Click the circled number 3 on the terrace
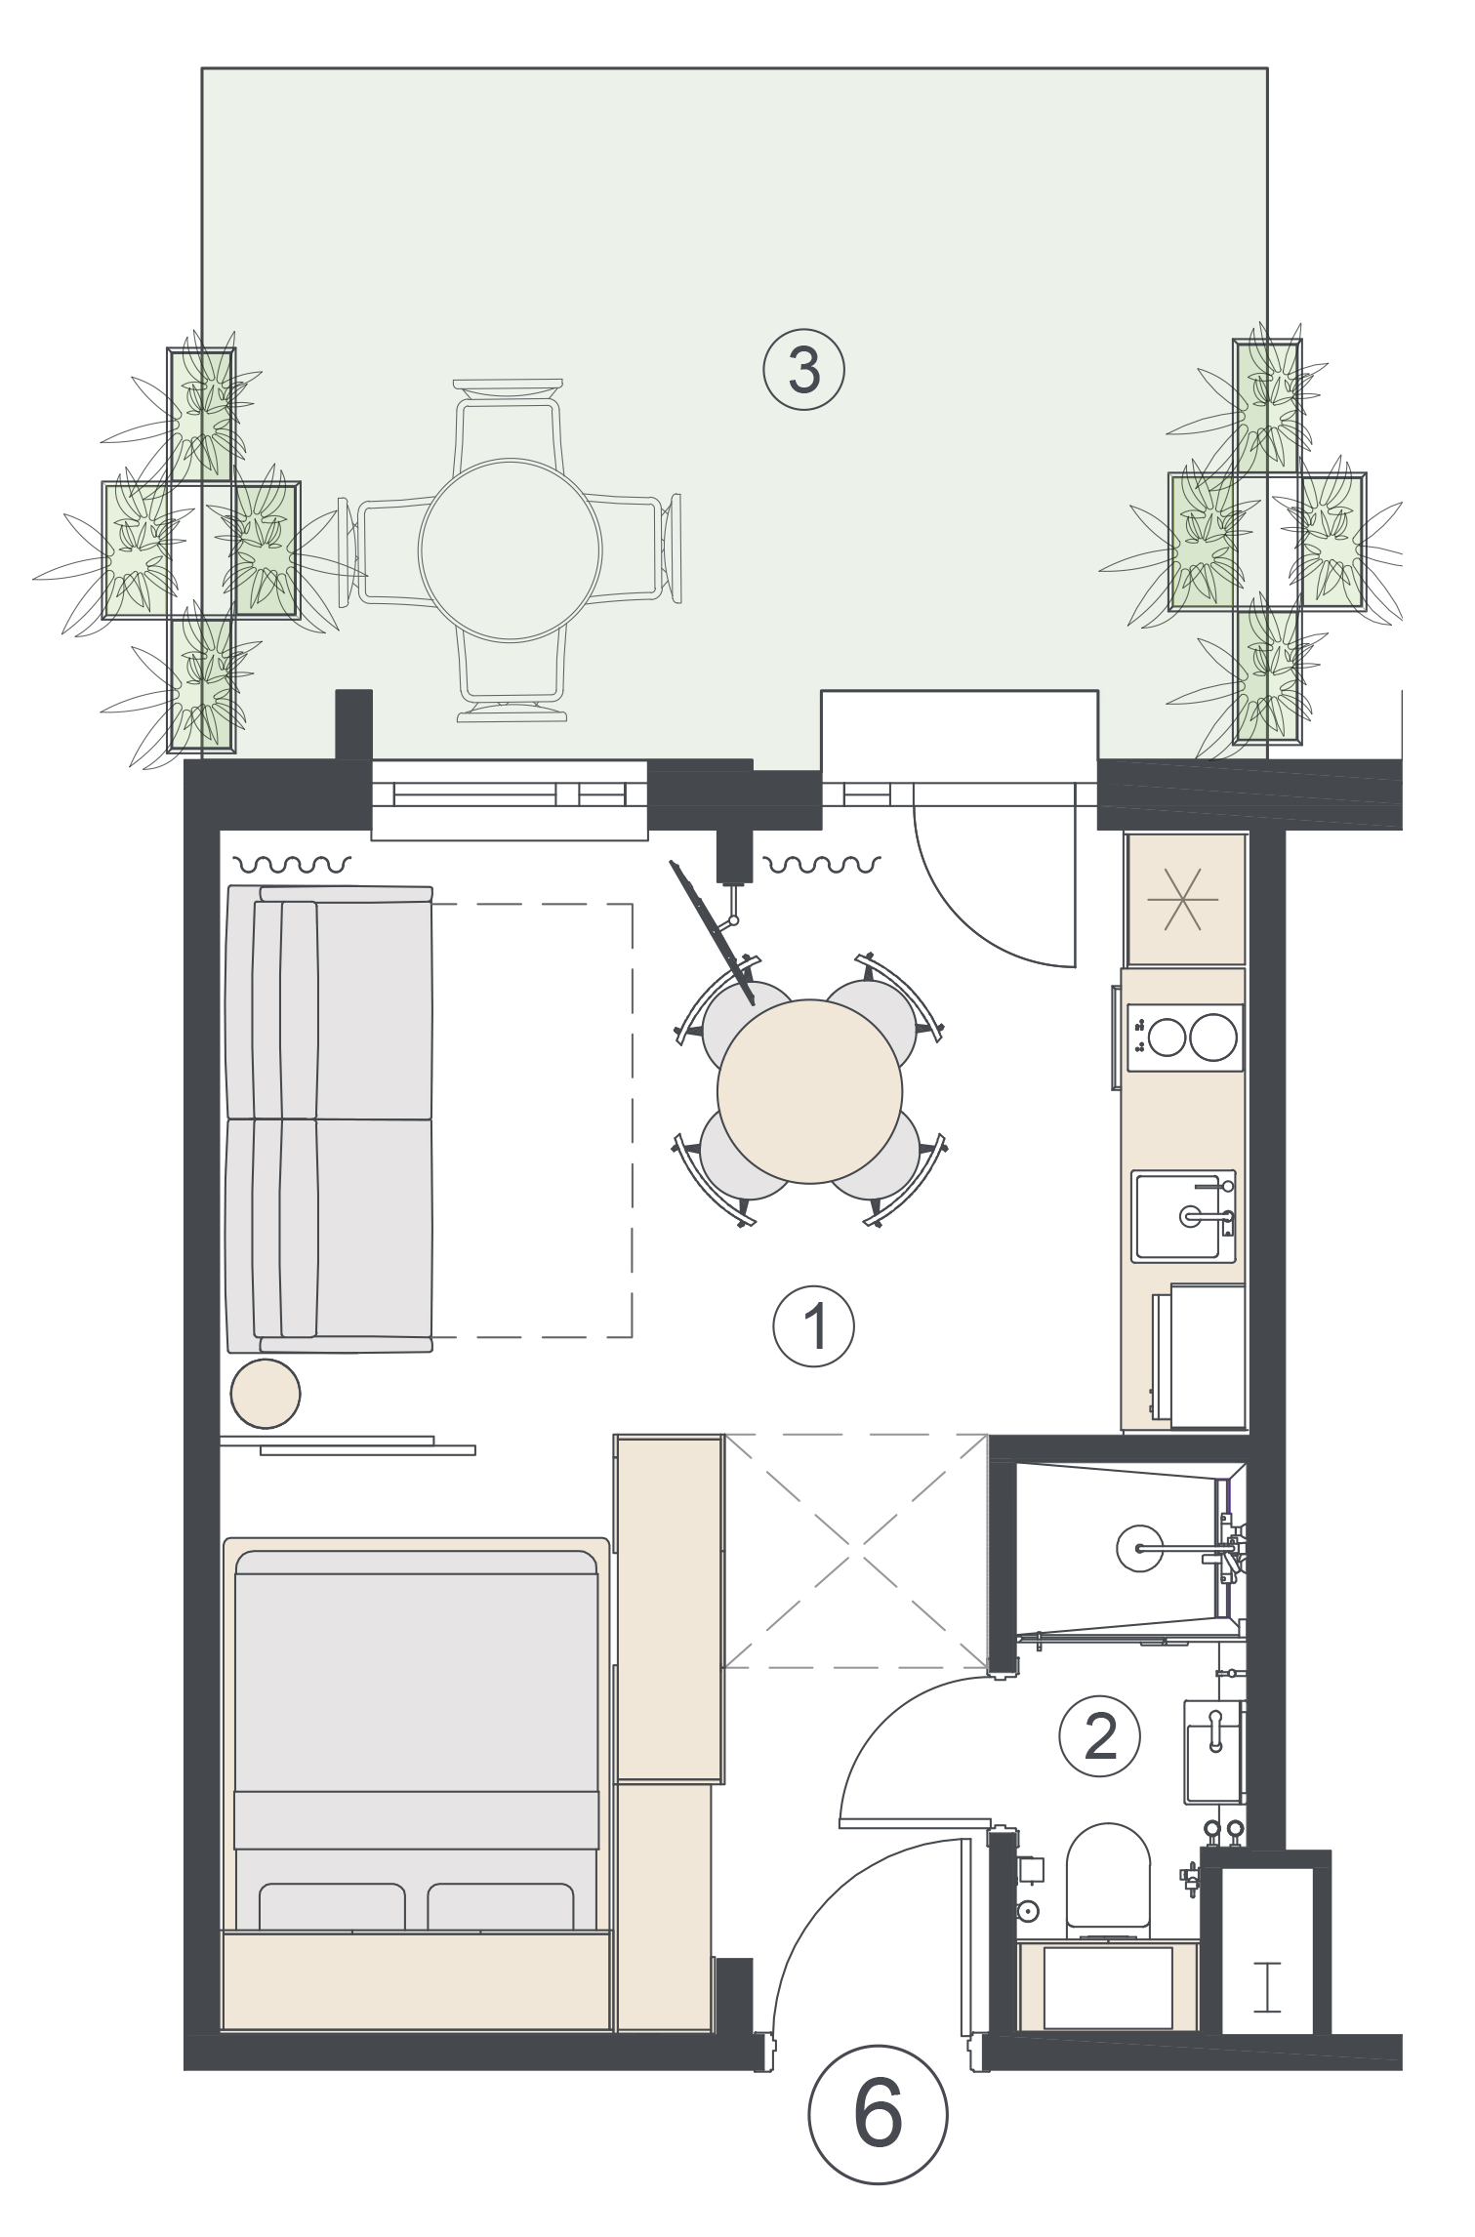pyautogui.click(x=803, y=371)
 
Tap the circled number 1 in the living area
pyautogui.click(x=813, y=1326)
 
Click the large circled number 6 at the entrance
pyautogui.click(x=878, y=2117)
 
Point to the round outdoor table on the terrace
pyautogui.click(x=510, y=550)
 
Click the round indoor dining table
pyautogui.click(x=809, y=1090)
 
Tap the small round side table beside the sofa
pyautogui.click(x=266, y=1394)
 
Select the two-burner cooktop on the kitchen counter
pyautogui.click(x=1185, y=1037)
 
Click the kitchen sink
pyautogui.click(x=1184, y=1216)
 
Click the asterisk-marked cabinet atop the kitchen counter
pyautogui.click(x=1186, y=899)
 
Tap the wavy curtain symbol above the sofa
pyautogui.click(x=292, y=864)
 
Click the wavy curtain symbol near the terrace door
pyautogui.click(x=822, y=864)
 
